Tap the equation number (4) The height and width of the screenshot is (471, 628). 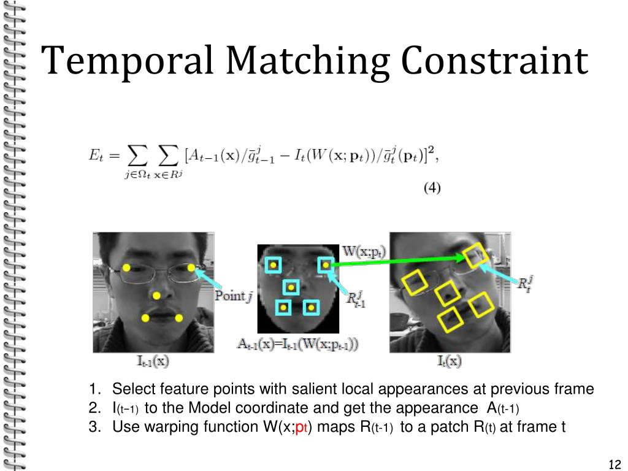click(432, 188)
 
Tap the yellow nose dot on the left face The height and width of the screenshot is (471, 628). click(157, 294)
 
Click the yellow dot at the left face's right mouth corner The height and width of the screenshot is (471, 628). click(179, 318)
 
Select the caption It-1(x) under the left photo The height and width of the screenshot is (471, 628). click(152, 361)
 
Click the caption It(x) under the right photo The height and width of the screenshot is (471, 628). click(450, 361)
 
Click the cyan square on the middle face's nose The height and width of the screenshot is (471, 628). click(290, 287)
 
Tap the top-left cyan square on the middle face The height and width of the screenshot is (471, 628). click(273, 265)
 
